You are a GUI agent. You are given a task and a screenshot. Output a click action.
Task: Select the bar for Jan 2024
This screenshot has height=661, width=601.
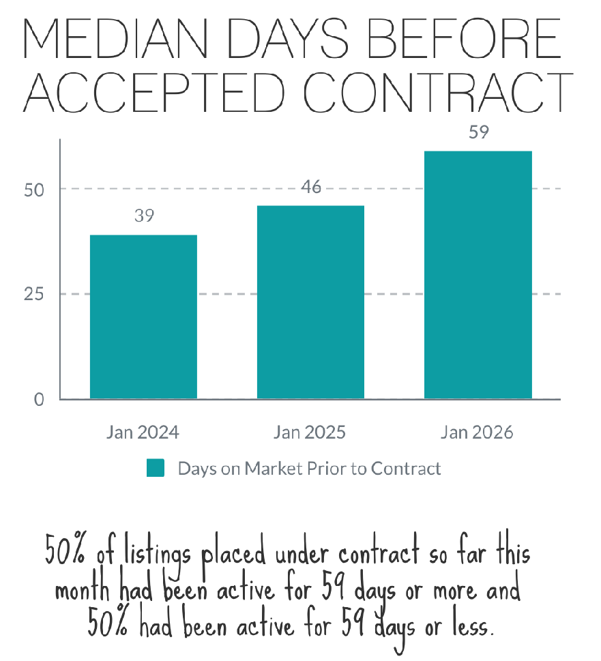(x=143, y=317)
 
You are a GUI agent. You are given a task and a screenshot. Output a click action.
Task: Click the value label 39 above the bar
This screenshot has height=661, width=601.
(x=144, y=216)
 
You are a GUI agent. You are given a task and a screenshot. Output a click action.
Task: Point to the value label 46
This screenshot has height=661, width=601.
(x=311, y=187)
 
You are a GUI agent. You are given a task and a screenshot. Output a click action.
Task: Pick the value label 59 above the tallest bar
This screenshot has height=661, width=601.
(x=479, y=132)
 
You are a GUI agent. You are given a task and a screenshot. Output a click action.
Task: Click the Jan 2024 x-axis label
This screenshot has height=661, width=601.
(x=143, y=433)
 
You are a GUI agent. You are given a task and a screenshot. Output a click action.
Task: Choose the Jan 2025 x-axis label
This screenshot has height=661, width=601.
(x=310, y=433)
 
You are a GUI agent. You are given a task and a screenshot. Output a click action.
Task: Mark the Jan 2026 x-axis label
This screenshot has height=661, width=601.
(x=477, y=433)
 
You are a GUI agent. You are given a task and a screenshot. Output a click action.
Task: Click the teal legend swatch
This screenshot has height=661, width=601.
(x=156, y=469)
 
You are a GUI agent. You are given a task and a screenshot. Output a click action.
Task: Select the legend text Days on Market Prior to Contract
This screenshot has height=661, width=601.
(x=309, y=469)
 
